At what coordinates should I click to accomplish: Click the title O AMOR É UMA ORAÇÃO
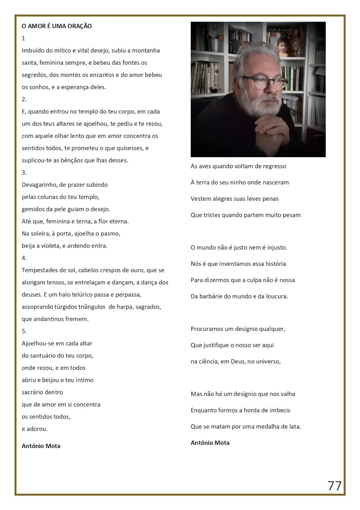pyautogui.click(x=57, y=26)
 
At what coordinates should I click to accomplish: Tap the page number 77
pyautogui.click(x=334, y=486)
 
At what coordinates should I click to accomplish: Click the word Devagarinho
pyautogui.click(x=41, y=185)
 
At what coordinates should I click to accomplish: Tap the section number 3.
pyautogui.click(x=24, y=173)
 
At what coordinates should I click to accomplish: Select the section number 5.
pyautogui.click(x=24, y=331)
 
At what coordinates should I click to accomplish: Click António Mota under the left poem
pyautogui.click(x=41, y=446)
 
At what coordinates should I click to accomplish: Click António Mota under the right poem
pyautogui.click(x=210, y=443)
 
